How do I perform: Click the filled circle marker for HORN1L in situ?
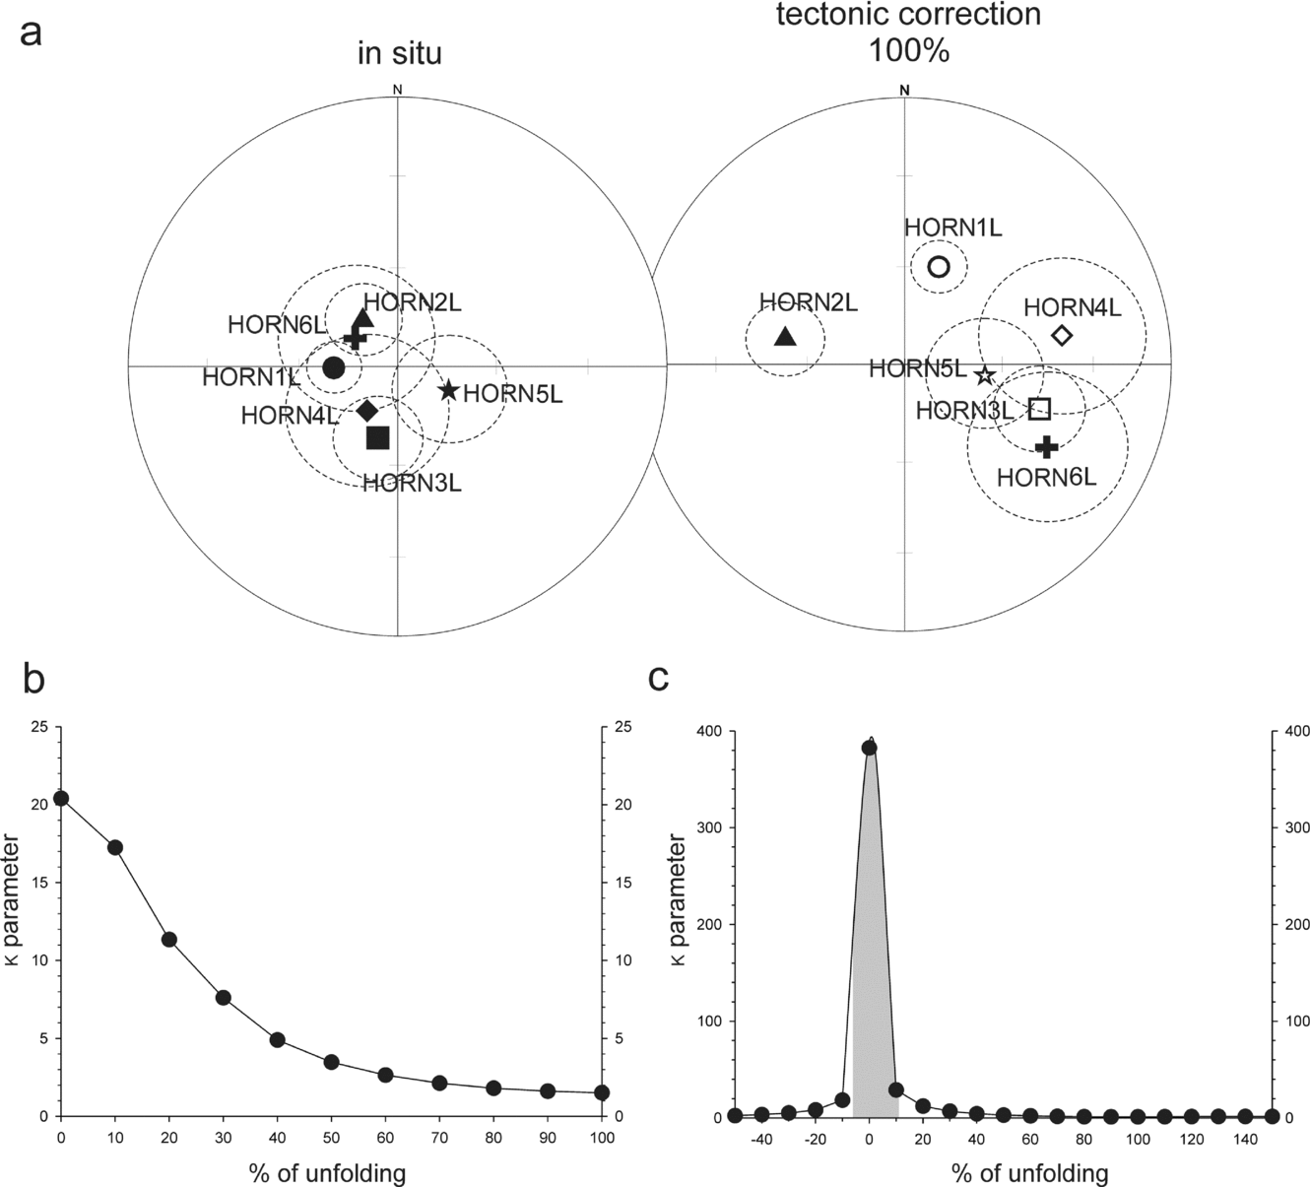click(334, 367)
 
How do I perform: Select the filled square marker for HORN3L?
click(378, 437)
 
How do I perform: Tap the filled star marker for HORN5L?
click(448, 390)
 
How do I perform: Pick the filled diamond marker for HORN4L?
click(367, 410)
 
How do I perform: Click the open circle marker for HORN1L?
click(939, 266)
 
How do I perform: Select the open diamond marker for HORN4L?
click(1062, 335)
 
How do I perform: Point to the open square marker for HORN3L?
click(1039, 408)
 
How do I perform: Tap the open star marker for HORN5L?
click(984, 375)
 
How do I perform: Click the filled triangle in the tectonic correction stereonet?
click(785, 337)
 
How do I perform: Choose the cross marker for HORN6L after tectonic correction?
click(1047, 447)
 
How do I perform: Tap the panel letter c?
click(659, 679)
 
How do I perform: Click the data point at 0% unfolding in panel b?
click(61, 798)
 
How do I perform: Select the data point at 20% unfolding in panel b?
click(169, 939)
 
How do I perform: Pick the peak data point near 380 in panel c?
click(869, 748)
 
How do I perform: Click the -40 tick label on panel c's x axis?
click(760, 1140)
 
